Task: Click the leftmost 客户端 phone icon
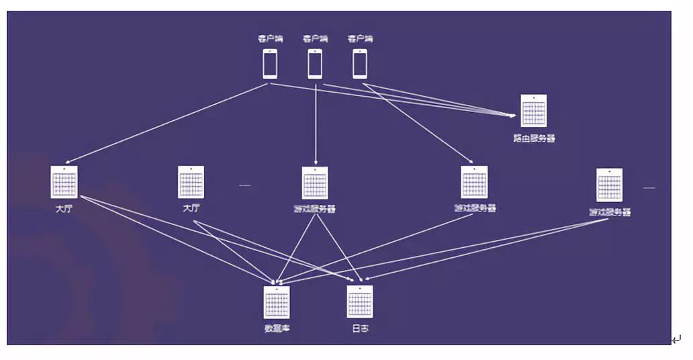(x=269, y=64)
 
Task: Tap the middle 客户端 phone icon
(x=315, y=64)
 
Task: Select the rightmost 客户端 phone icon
(x=360, y=64)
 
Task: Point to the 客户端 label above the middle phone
(x=315, y=39)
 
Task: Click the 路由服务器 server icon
(x=534, y=111)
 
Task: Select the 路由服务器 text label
(x=534, y=138)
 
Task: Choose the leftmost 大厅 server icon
(x=64, y=182)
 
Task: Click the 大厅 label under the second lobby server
(x=191, y=208)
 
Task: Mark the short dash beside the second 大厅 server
(x=245, y=185)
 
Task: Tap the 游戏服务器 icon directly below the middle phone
(x=315, y=183)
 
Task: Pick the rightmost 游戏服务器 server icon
(x=610, y=185)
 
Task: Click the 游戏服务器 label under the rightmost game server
(x=610, y=212)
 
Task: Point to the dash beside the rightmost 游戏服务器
(x=649, y=187)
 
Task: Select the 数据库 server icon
(x=277, y=302)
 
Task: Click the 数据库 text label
(x=277, y=328)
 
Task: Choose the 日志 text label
(x=360, y=328)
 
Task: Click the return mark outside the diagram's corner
(x=676, y=340)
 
